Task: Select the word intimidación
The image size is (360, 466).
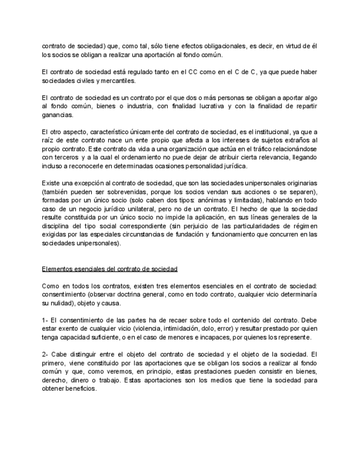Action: tap(158, 329)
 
